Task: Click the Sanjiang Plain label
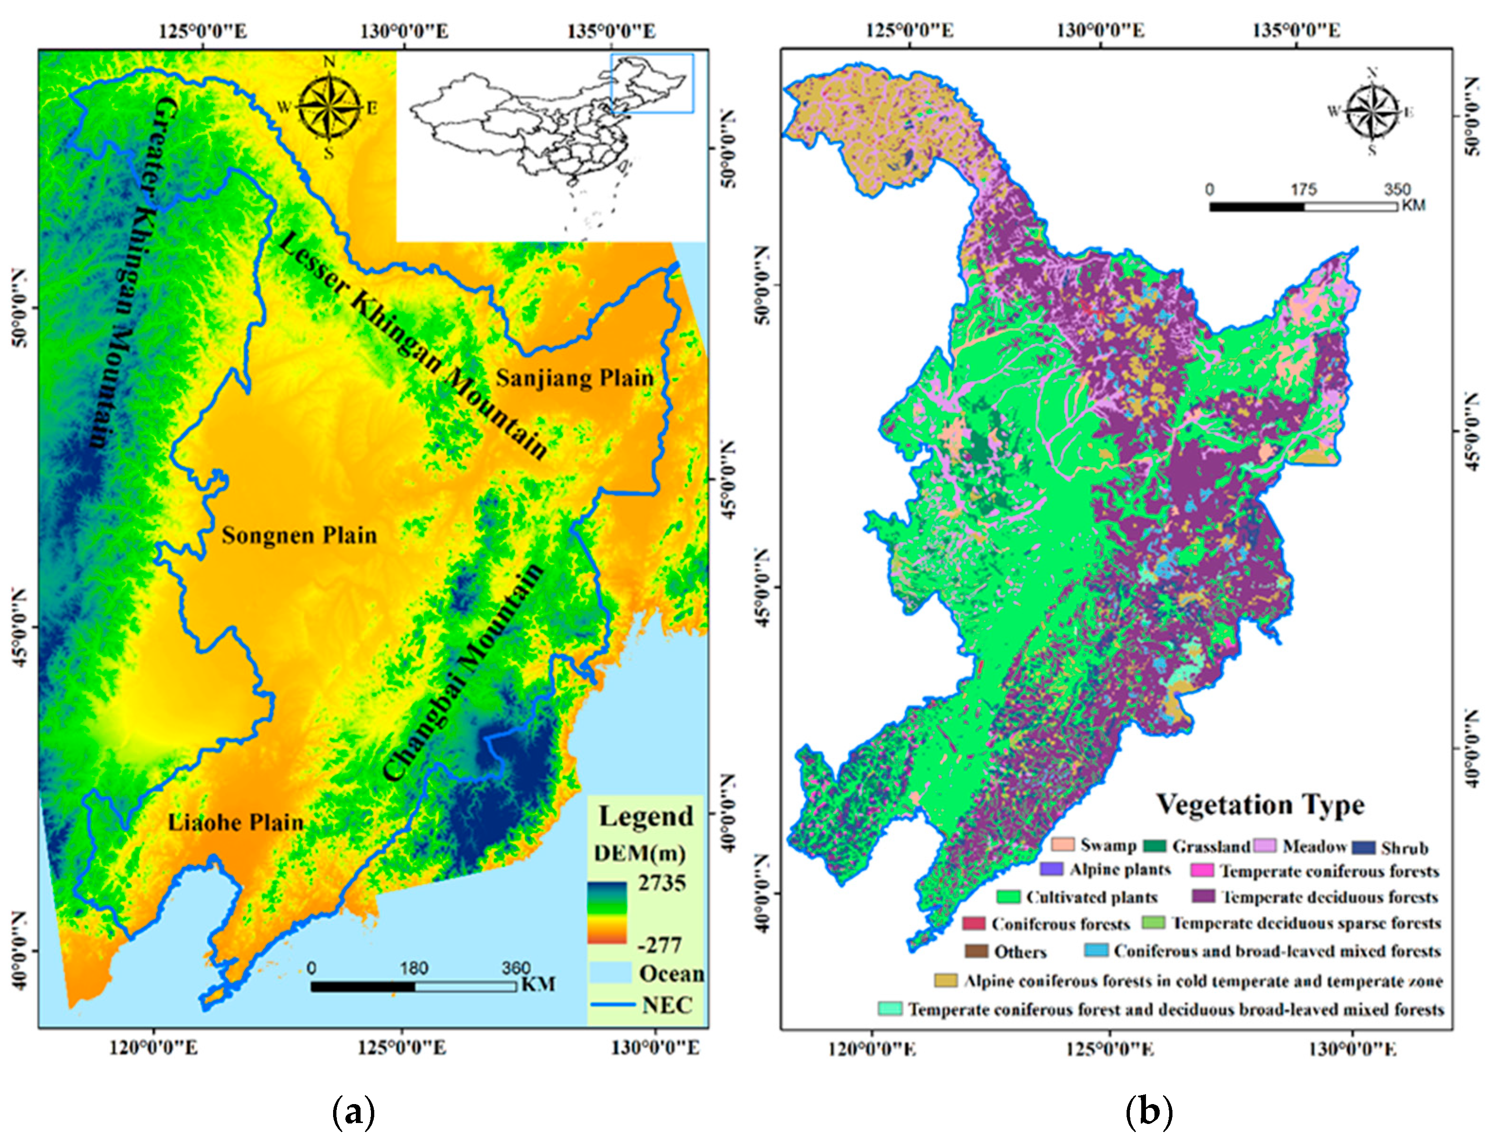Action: [x=574, y=378]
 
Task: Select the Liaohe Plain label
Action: [x=236, y=823]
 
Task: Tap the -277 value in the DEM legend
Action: [x=659, y=945]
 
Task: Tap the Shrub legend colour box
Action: [x=1364, y=847]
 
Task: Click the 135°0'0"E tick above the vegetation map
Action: [x=1295, y=31]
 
